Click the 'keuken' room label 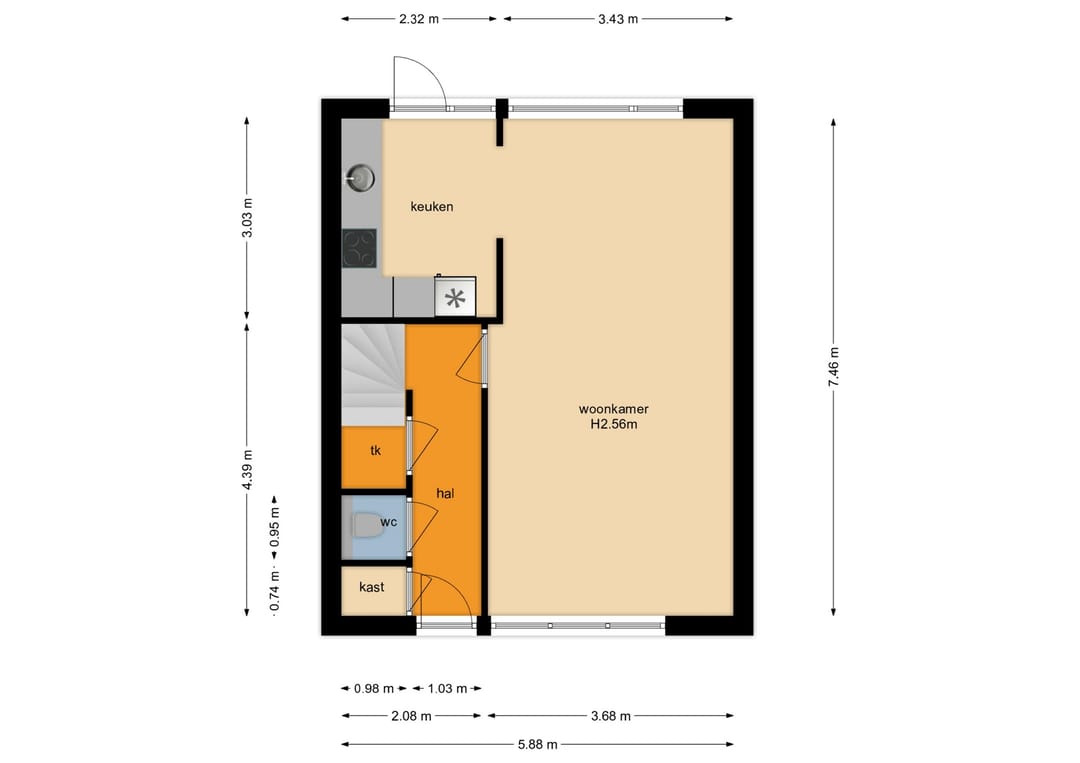click(x=432, y=207)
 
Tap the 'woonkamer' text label click(x=614, y=409)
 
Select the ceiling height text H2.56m click(x=614, y=425)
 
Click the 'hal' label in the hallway click(x=445, y=494)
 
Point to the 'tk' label click(x=375, y=450)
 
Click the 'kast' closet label click(x=372, y=587)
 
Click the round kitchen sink click(x=360, y=178)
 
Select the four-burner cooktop click(x=360, y=249)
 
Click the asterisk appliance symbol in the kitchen click(x=455, y=298)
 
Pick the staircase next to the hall click(x=373, y=375)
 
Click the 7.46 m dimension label click(x=833, y=365)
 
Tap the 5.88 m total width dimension click(x=537, y=744)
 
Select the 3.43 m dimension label click(x=618, y=19)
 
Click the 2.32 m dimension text click(x=419, y=19)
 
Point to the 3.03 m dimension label click(x=247, y=218)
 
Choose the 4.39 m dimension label click(x=247, y=470)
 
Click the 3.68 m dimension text click(x=611, y=716)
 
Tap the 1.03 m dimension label click(x=447, y=689)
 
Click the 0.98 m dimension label click(x=374, y=689)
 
